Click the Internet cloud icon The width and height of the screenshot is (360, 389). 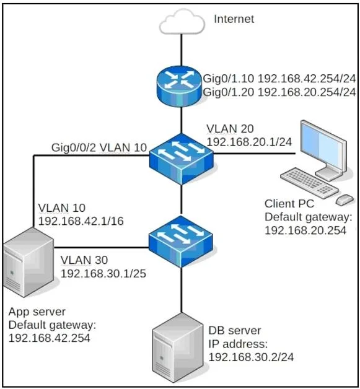point(182,22)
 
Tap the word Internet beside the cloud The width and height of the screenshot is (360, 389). point(234,19)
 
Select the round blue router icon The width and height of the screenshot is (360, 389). point(179,86)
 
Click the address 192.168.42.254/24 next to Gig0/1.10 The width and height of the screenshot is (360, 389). point(307,79)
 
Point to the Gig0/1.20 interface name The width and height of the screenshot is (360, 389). point(229,92)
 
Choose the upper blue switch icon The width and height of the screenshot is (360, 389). point(181,159)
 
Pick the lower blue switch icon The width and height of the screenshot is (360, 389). point(181,242)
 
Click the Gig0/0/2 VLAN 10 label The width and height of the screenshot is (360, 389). point(99,148)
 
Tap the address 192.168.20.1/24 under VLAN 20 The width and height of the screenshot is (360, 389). point(249,142)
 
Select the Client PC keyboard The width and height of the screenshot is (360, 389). point(309,183)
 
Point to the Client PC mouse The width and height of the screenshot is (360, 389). point(345,199)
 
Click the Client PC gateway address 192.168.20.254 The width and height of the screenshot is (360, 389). point(305,230)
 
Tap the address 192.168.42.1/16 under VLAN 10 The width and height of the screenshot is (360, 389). point(81,221)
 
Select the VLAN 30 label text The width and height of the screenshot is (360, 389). point(84,260)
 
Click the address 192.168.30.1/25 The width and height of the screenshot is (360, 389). point(103,274)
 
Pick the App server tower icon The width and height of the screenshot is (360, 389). point(28,262)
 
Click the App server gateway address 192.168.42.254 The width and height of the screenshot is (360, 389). point(50,338)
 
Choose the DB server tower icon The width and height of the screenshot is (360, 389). point(177,348)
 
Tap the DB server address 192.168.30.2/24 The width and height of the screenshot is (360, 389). point(251,357)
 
